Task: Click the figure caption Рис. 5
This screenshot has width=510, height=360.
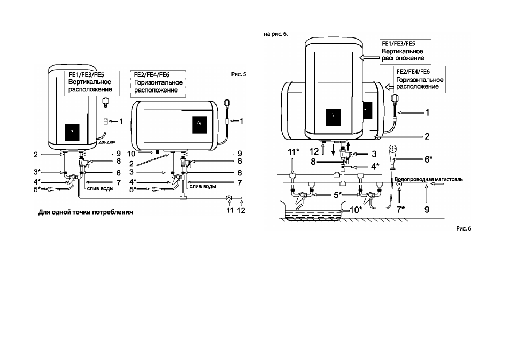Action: [x=238, y=74]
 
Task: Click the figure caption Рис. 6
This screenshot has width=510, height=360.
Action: [x=463, y=229]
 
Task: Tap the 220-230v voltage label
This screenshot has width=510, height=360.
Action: [x=106, y=142]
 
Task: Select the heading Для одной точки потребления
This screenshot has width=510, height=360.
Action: [x=86, y=212]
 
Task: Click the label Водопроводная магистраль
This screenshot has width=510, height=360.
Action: [x=429, y=179]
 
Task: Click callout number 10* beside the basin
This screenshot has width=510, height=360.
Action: [x=356, y=210]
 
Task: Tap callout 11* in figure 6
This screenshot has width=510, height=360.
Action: [x=293, y=152]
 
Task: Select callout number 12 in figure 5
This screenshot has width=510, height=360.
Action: [x=241, y=210]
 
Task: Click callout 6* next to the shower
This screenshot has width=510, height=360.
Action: [x=428, y=159]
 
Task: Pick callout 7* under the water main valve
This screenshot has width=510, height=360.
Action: [x=400, y=210]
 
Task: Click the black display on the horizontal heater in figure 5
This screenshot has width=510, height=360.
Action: [x=200, y=125]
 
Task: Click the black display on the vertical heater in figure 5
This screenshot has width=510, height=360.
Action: [x=72, y=132]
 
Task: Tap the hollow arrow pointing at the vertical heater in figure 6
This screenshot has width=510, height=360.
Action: [x=369, y=58]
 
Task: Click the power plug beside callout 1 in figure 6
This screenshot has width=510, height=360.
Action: [x=395, y=99]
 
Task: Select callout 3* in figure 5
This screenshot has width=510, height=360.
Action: [x=37, y=172]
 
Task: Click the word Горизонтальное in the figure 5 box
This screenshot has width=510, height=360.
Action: [x=158, y=83]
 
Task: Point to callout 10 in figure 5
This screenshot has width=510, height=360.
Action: [x=131, y=154]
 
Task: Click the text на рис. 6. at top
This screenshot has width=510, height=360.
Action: [x=276, y=34]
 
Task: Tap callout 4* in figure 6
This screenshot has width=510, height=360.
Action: [x=375, y=166]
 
